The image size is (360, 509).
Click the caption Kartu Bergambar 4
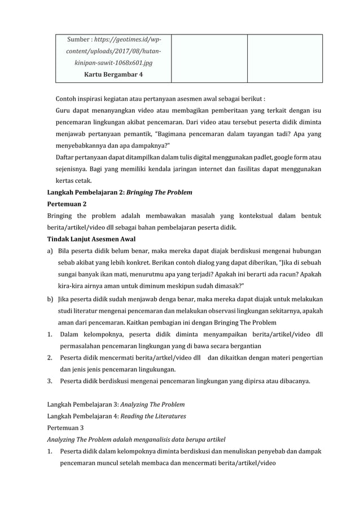pyautogui.click(x=113, y=74)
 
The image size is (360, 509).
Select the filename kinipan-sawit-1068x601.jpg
pyautogui.click(x=113, y=63)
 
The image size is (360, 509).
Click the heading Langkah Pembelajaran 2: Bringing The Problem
pyautogui.click(x=119, y=192)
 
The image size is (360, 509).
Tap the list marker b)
pyautogui.click(x=50, y=298)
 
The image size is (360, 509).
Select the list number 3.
pyautogui.click(x=50, y=381)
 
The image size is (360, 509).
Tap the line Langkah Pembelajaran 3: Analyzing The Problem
pyautogui.click(x=116, y=405)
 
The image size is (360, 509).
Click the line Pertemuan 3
pyautogui.click(x=65, y=428)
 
